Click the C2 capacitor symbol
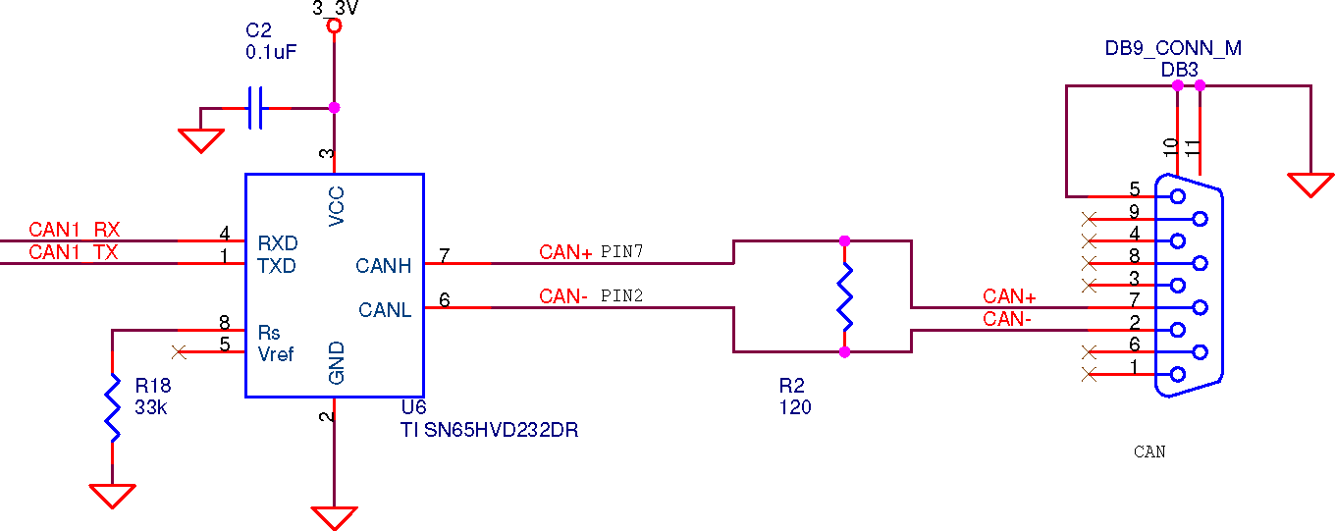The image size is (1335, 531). coord(255,108)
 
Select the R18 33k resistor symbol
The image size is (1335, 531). coord(112,408)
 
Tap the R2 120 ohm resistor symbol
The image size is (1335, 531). coord(844,296)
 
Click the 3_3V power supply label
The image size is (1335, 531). coord(336,9)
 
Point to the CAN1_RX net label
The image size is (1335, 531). coord(74,230)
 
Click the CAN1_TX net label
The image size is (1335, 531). coord(74,252)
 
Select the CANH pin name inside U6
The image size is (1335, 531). coord(383,266)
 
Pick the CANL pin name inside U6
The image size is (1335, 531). coord(385,310)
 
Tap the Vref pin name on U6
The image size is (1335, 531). coord(275,354)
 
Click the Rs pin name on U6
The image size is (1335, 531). coord(268,333)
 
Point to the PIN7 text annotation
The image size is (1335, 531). coord(621,251)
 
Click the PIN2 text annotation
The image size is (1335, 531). coord(621,295)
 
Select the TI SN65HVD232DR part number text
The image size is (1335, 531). coord(489,430)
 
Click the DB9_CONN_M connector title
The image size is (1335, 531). coord(1173,48)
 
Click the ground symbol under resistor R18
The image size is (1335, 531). coord(112,497)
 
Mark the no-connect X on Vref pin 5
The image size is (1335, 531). coord(179,352)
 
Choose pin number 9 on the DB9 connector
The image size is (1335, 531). coord(1134,212)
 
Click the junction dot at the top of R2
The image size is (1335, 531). coord(844,240)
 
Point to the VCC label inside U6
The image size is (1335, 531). coord(337,206)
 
